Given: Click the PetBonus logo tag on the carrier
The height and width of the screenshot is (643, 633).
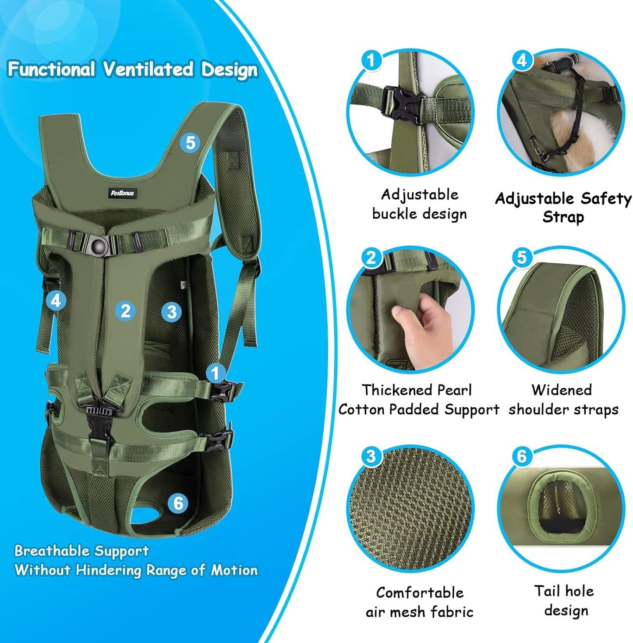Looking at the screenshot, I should pos(122,193).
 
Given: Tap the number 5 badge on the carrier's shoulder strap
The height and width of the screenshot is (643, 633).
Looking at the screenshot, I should pos(190,143).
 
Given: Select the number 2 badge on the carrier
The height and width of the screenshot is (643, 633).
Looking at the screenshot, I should pos(125,311).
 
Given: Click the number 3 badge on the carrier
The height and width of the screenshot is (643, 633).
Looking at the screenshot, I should pos(171,312).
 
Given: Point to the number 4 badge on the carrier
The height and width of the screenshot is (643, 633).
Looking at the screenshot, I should pos(56,301).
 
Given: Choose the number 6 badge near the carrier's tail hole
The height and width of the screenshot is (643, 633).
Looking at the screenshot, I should pos(178,503).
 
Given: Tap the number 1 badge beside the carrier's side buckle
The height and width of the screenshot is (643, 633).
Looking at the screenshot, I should pos(216,374).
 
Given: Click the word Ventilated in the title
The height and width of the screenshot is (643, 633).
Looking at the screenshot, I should pos(148,70).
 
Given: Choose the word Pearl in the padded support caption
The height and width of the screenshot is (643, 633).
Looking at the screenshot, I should pos(455,390).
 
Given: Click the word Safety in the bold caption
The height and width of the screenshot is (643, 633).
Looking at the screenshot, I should pos(606,198).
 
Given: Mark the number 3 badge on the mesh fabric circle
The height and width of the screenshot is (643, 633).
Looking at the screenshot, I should pos(371,456).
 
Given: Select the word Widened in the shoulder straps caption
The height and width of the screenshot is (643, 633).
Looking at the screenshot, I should pos(561,390).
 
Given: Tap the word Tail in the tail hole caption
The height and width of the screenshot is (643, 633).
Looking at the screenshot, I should pos(545,591).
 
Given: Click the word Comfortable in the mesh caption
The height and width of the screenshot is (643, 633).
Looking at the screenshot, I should pos(419,593).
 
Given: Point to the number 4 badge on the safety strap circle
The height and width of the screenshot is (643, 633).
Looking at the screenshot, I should pos(521,60).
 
